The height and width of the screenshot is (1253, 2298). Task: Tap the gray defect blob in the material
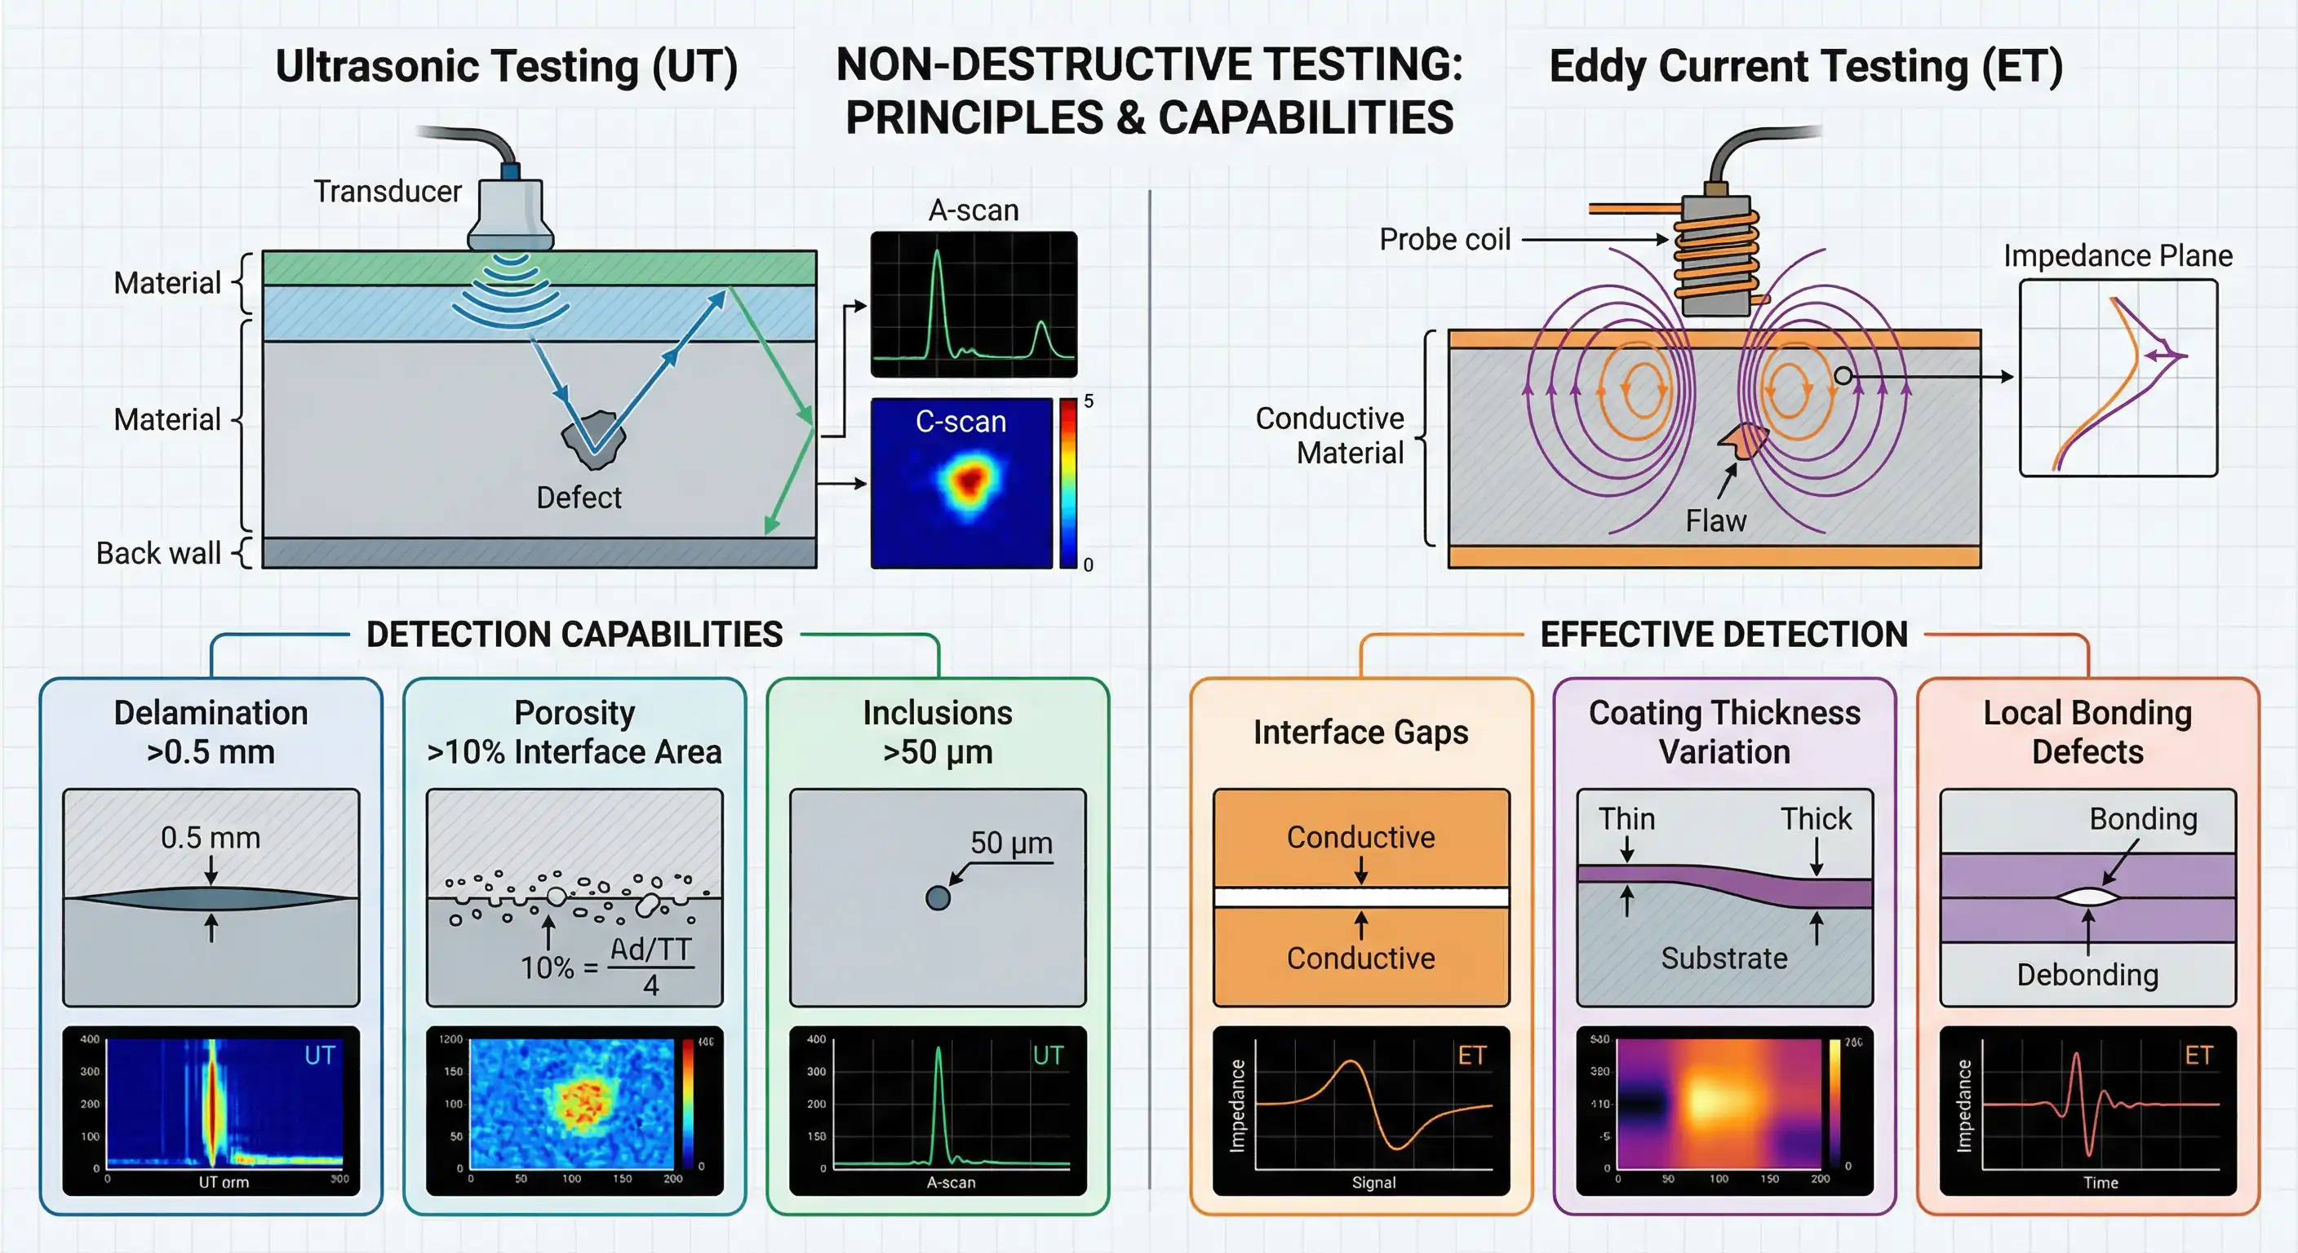592,440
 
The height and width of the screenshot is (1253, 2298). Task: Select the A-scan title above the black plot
974,210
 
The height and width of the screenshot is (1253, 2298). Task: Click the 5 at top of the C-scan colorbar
1089,401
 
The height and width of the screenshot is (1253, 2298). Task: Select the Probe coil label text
1444,240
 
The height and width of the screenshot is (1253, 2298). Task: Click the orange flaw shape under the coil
1744,441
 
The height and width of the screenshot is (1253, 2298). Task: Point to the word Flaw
1715,520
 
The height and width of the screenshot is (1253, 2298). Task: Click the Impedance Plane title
2118,256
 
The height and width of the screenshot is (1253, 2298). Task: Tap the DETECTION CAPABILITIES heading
574,635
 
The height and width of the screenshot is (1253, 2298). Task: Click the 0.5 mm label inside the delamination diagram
211,838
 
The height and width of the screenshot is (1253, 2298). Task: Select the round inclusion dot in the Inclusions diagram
938,898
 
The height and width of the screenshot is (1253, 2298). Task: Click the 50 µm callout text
1011,843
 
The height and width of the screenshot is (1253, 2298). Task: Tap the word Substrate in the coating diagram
1723,959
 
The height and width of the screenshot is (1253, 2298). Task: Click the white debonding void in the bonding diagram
2087,897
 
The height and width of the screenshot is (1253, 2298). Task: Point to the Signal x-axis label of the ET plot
1373,1183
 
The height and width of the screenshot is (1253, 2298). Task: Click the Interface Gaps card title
1360,733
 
